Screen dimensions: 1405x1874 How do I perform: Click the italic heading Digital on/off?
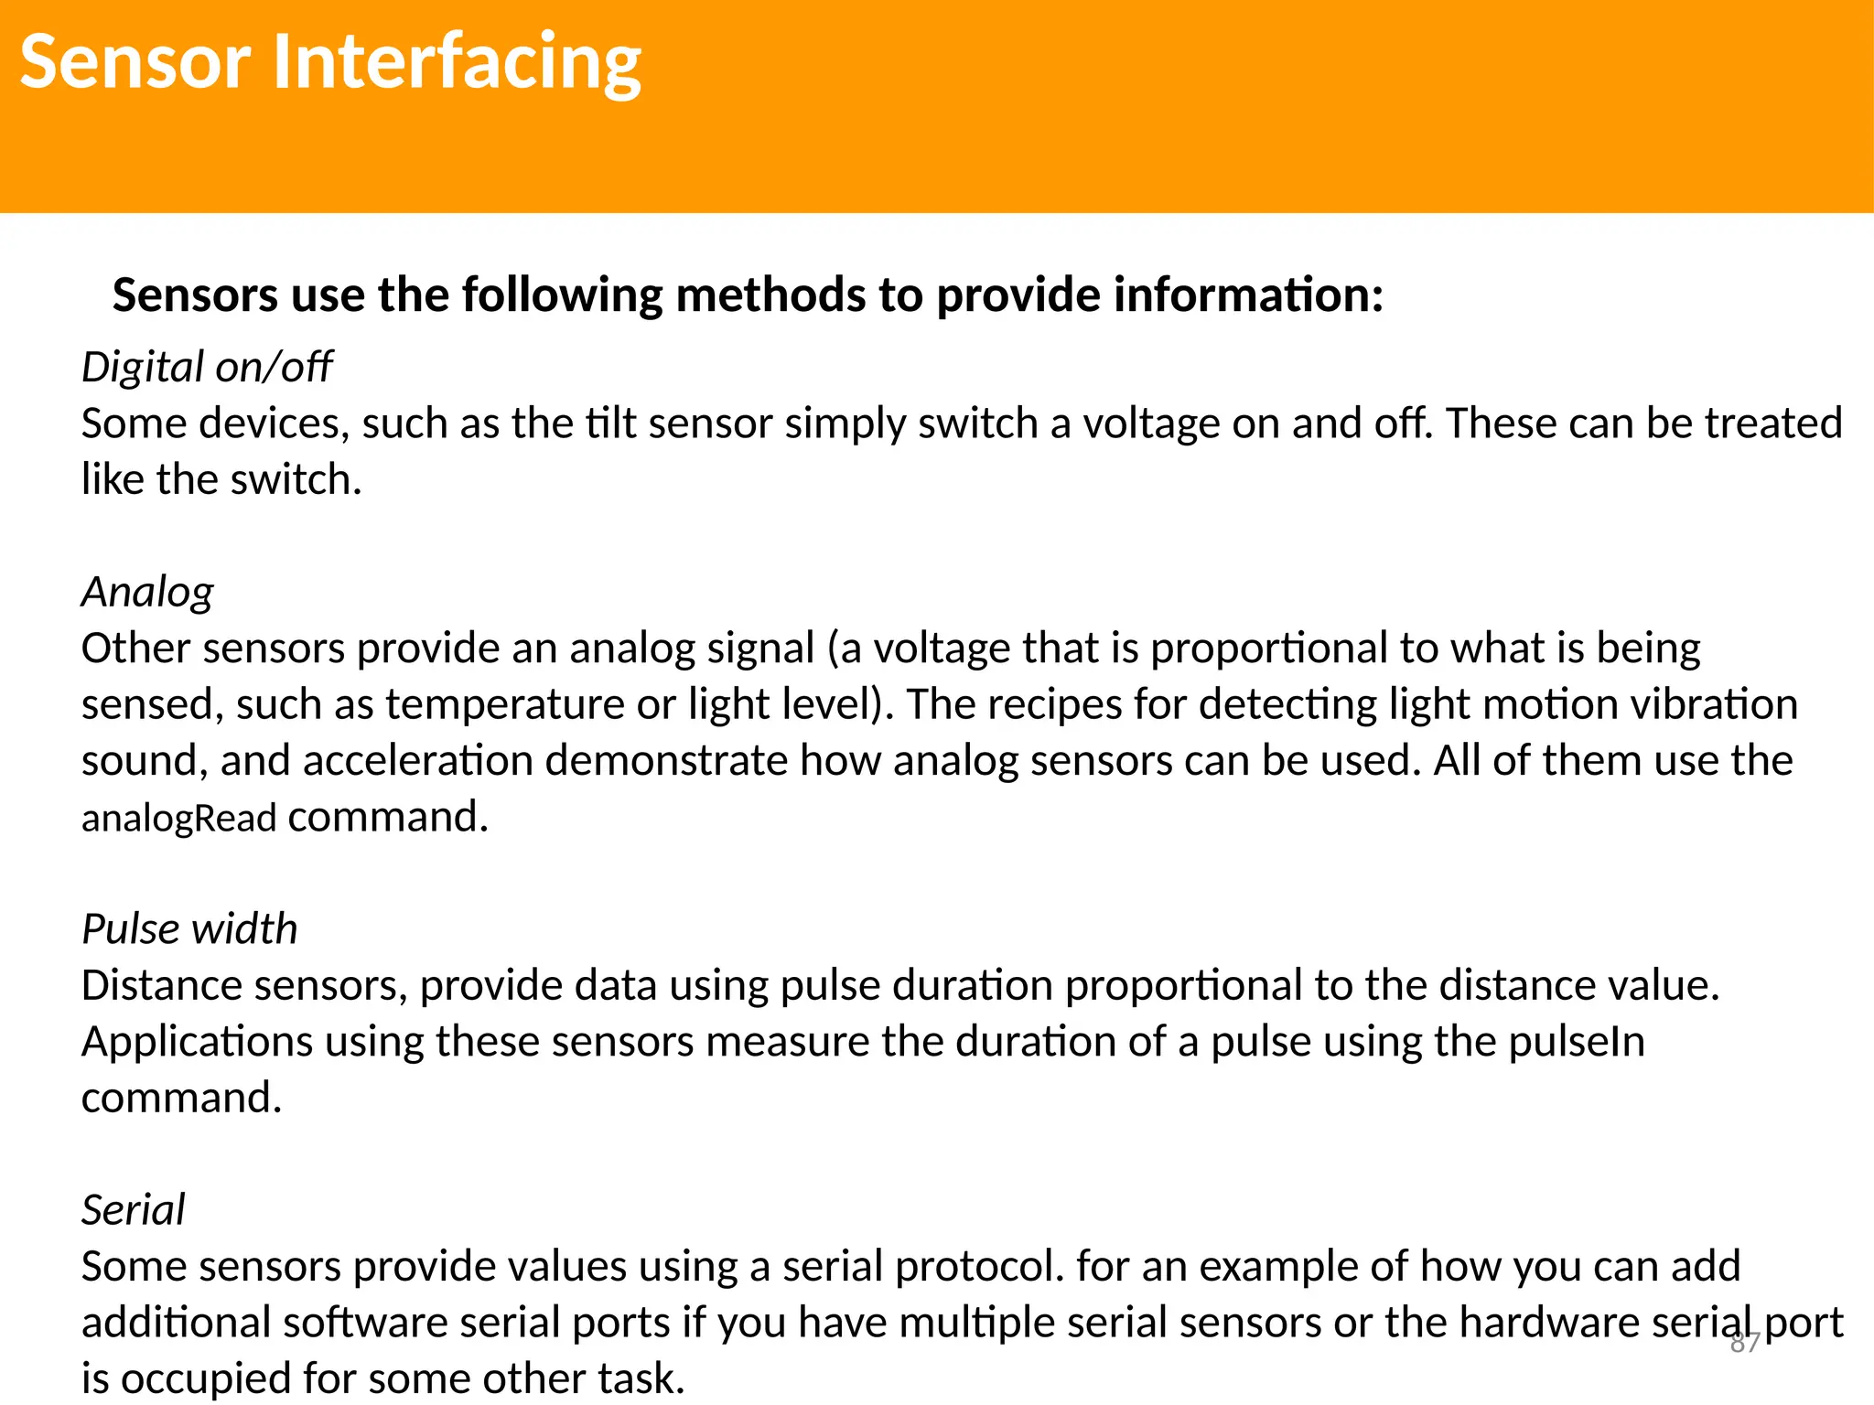[206, 368]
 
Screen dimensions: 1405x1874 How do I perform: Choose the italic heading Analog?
[147, 592]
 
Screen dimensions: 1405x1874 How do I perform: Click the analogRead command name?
[178, 818]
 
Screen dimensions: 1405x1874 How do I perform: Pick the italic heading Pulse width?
[189, 929]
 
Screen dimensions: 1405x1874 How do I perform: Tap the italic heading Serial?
[133, 1210]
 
